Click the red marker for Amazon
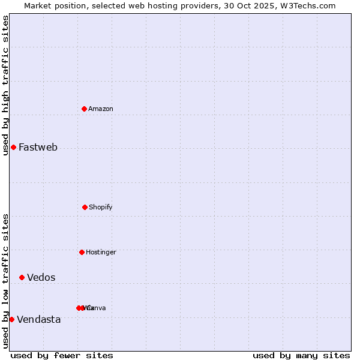tap(85, 109)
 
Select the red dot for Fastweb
tap(13, 147)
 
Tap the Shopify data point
tap(85, 207)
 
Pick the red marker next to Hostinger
tap(82, 252)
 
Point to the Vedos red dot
tap(22, 277)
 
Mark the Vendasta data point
tap(11, 319)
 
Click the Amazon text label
tap(101, 109)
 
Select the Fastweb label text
tap(38, 147)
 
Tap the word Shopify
tap(101, 207)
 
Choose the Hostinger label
tap(101, 252)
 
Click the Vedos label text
tap(41, 277)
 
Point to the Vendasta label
tap(38, 319)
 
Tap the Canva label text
tap(96, 308)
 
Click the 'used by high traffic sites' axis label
tap(5, 85)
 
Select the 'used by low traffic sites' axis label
tap(5, 281)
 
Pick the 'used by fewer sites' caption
tap(62, 355)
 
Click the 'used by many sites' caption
tap(301, 355)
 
